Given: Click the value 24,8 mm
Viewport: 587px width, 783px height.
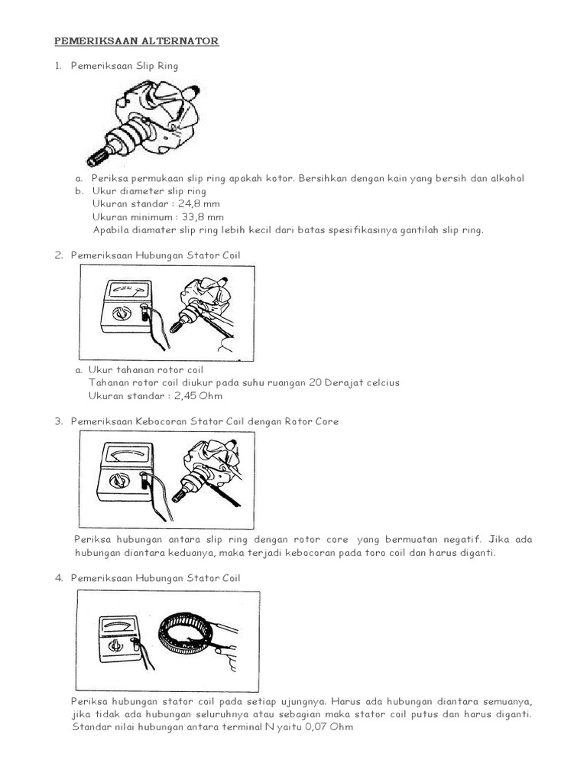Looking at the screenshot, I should pyautogui.click(x=199, y=204).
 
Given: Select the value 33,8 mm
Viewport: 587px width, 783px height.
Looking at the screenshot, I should pyautogui.click(x=201, y=217).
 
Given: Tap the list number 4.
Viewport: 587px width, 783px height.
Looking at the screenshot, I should pyautogui.click(x=58, y=578).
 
